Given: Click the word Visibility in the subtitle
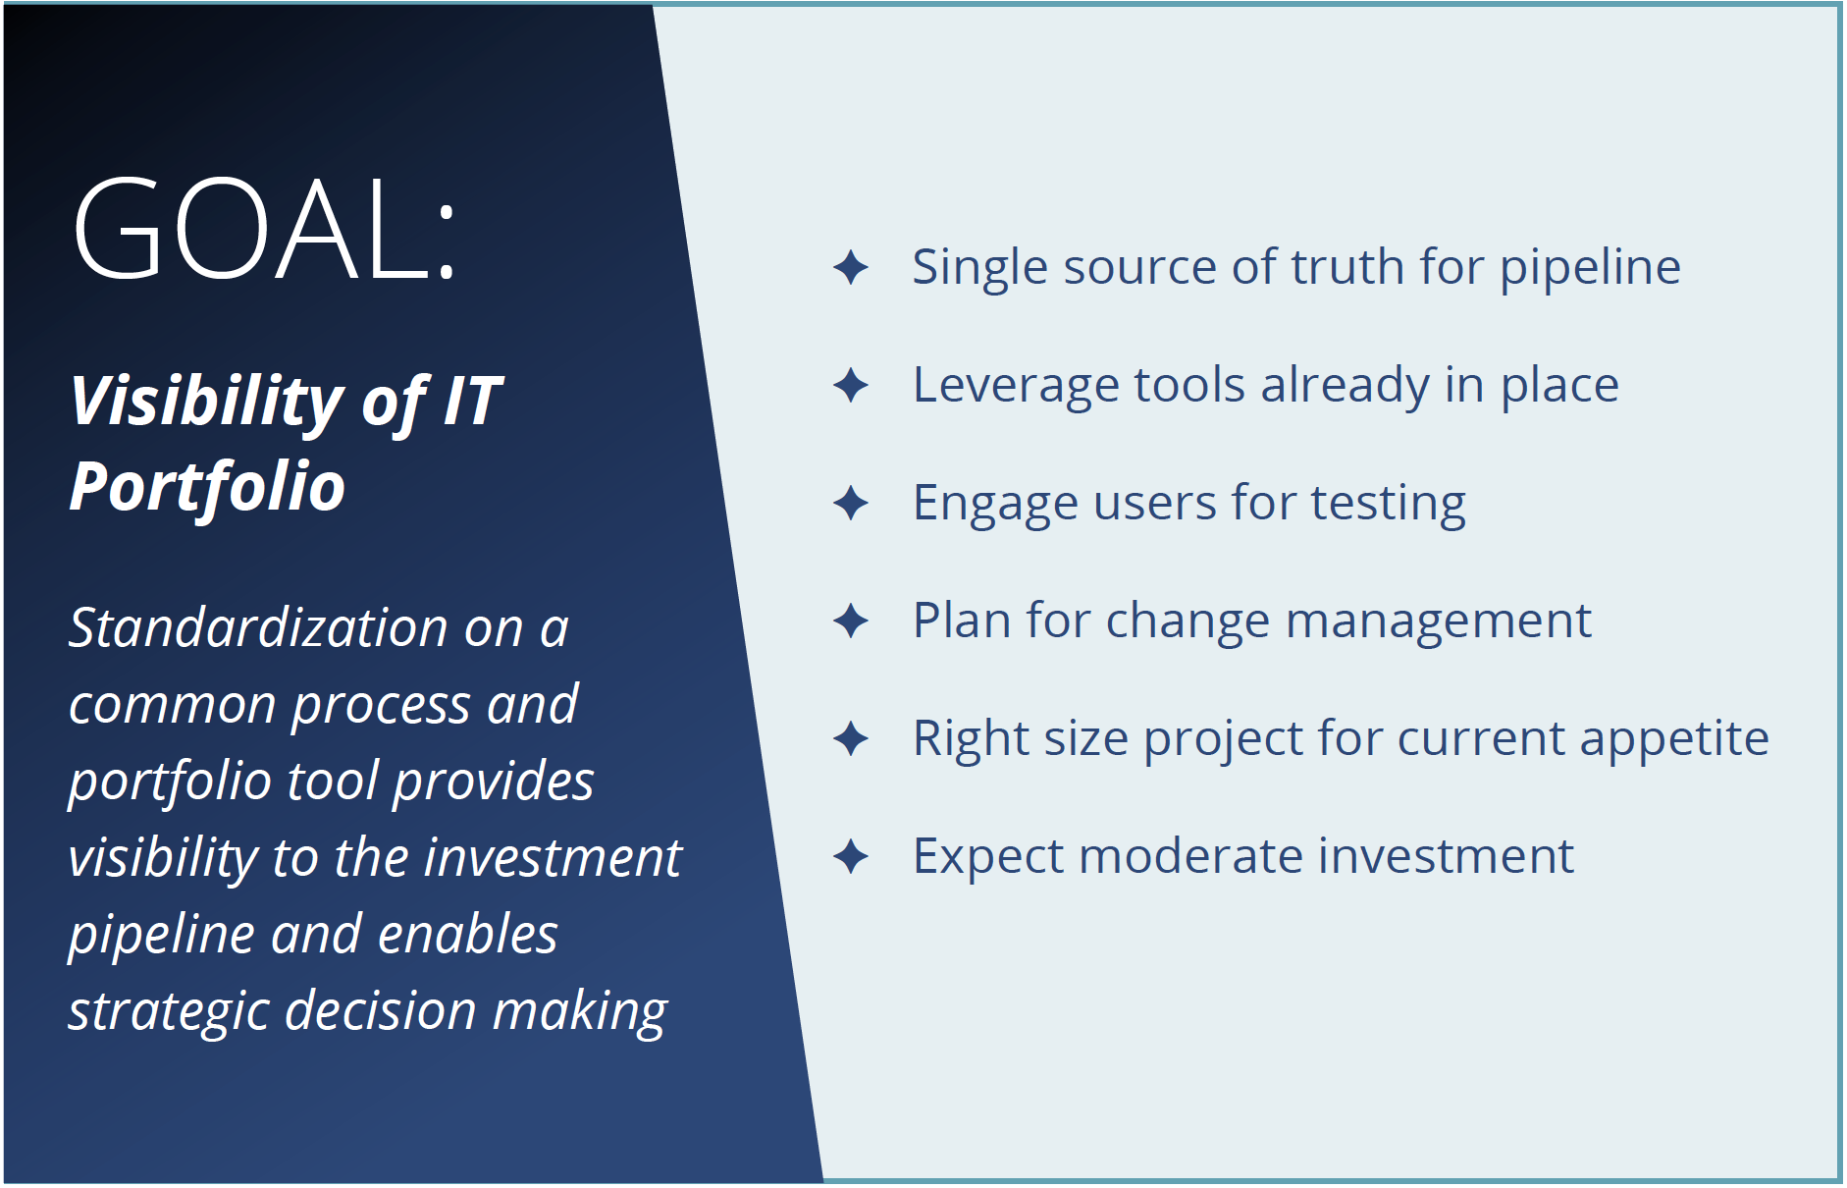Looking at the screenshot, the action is (206, 402).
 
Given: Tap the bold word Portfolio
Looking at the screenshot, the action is (207, 486).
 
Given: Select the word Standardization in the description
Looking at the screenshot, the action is (258, 627).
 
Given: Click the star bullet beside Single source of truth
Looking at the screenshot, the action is (851, 267).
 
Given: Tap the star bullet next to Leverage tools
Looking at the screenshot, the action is (851, 385).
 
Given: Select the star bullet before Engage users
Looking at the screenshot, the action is (851, 503).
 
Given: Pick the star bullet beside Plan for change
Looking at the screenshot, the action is (851, 621).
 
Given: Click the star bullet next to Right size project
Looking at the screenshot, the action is (851, 738).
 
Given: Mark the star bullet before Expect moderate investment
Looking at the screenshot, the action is (851, 856).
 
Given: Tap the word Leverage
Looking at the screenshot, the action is (1016, 386).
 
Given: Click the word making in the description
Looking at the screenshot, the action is (580, 1012).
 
